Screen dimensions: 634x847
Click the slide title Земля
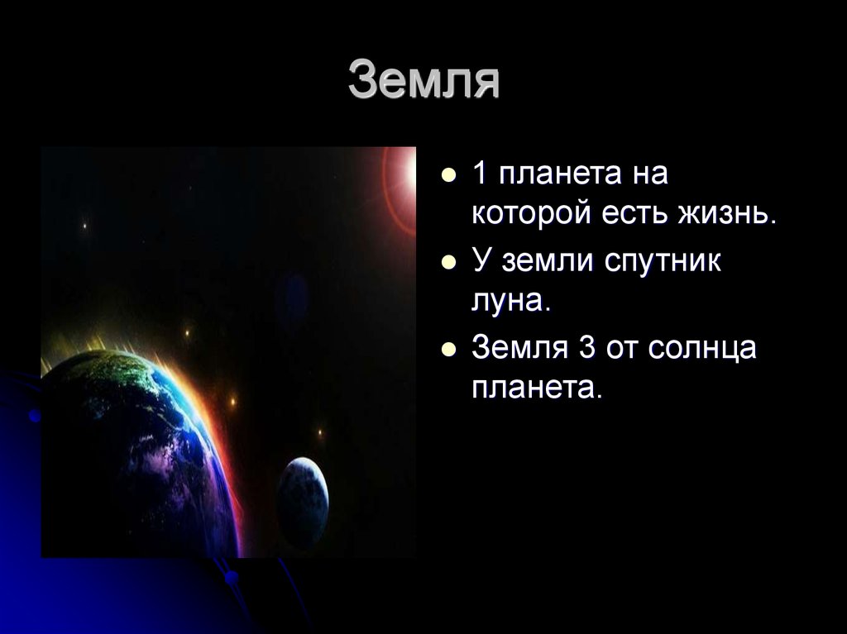423,80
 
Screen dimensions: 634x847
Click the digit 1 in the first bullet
480,175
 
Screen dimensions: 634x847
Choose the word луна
510,300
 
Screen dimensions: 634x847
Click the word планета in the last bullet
536,388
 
